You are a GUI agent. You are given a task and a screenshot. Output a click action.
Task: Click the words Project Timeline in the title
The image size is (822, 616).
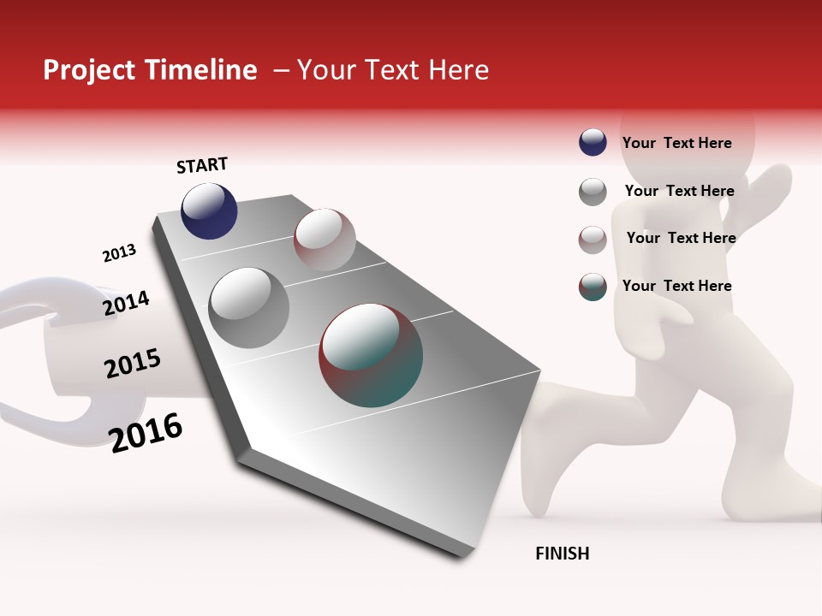tap(150, 70)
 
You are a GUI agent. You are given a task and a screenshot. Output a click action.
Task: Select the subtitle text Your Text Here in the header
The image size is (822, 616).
tap(393, 70)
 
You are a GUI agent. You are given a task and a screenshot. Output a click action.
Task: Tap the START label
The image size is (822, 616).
tap(202, 165)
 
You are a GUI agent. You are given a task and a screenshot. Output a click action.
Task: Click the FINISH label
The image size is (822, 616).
tap(562, 554)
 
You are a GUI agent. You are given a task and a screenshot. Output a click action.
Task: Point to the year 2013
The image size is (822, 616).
tap(119, 253)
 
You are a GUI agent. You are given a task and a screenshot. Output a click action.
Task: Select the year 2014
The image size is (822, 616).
tap(126, 303)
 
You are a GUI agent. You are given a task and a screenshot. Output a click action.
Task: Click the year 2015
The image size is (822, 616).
tap(133, 364)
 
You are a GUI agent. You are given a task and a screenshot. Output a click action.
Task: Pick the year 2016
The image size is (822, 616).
tap(146, 432)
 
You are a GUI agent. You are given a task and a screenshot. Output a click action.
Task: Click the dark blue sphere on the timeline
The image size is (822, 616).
tap(209, 210)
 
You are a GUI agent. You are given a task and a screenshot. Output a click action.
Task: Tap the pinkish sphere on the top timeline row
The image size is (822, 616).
tap(325, 240)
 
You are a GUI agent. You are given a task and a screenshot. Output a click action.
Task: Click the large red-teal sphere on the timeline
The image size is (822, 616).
tap(371, 355)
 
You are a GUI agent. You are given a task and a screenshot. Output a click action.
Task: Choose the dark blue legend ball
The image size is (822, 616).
tap(593, 142)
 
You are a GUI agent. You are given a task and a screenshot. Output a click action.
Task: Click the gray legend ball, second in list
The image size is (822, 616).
tap(593, 192)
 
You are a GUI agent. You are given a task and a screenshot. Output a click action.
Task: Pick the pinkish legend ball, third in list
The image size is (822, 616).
tap(593, 240)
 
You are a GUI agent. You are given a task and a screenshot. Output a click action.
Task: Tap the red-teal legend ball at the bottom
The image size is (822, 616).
tap(593, 287)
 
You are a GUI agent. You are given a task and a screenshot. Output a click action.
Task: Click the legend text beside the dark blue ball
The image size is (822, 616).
tap(676, 143)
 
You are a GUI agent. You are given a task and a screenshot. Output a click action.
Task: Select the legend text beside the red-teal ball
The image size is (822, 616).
tap(676, 286)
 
